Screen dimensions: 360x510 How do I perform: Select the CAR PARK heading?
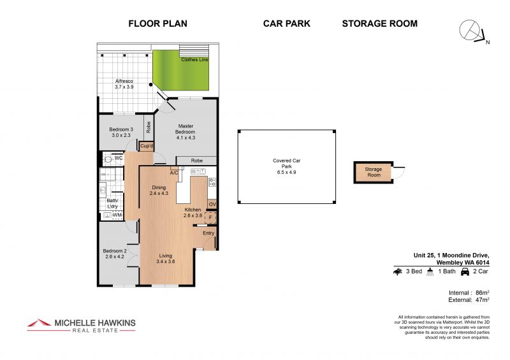click(x=286, y=24)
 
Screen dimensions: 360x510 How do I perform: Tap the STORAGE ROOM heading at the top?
click(x=379, y=24)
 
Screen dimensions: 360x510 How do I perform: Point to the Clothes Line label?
click(x=194, y=59)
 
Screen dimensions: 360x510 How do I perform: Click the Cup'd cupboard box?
click(x=147, y=146)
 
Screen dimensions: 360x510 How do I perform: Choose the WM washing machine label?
click(x=117, y=215)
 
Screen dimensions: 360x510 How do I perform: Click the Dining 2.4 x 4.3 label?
click(x=159, y=190)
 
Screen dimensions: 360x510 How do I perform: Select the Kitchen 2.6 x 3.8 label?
click(x=193, y=213)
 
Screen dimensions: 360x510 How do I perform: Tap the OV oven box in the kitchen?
click(x=212, y=205)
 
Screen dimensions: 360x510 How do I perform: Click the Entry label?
click(x=208, y=233)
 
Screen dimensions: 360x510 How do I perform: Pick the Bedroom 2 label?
click(x=115, y=254)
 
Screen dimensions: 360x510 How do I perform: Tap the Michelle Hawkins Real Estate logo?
click(x=81, y=324)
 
